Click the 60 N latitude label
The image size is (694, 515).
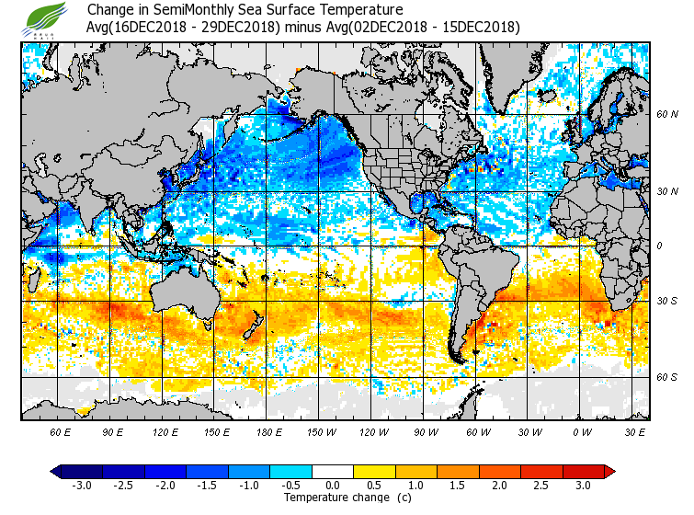[666, 115]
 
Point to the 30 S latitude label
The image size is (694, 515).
[666, 301]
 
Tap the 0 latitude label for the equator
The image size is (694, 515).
[658, 246]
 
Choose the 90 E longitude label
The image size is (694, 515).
[113, 431]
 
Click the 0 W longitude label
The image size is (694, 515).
[581, 431]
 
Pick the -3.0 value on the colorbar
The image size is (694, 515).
[81, 486]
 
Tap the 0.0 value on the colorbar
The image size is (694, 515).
[333, 486]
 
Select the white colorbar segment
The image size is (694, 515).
[333, 472]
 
